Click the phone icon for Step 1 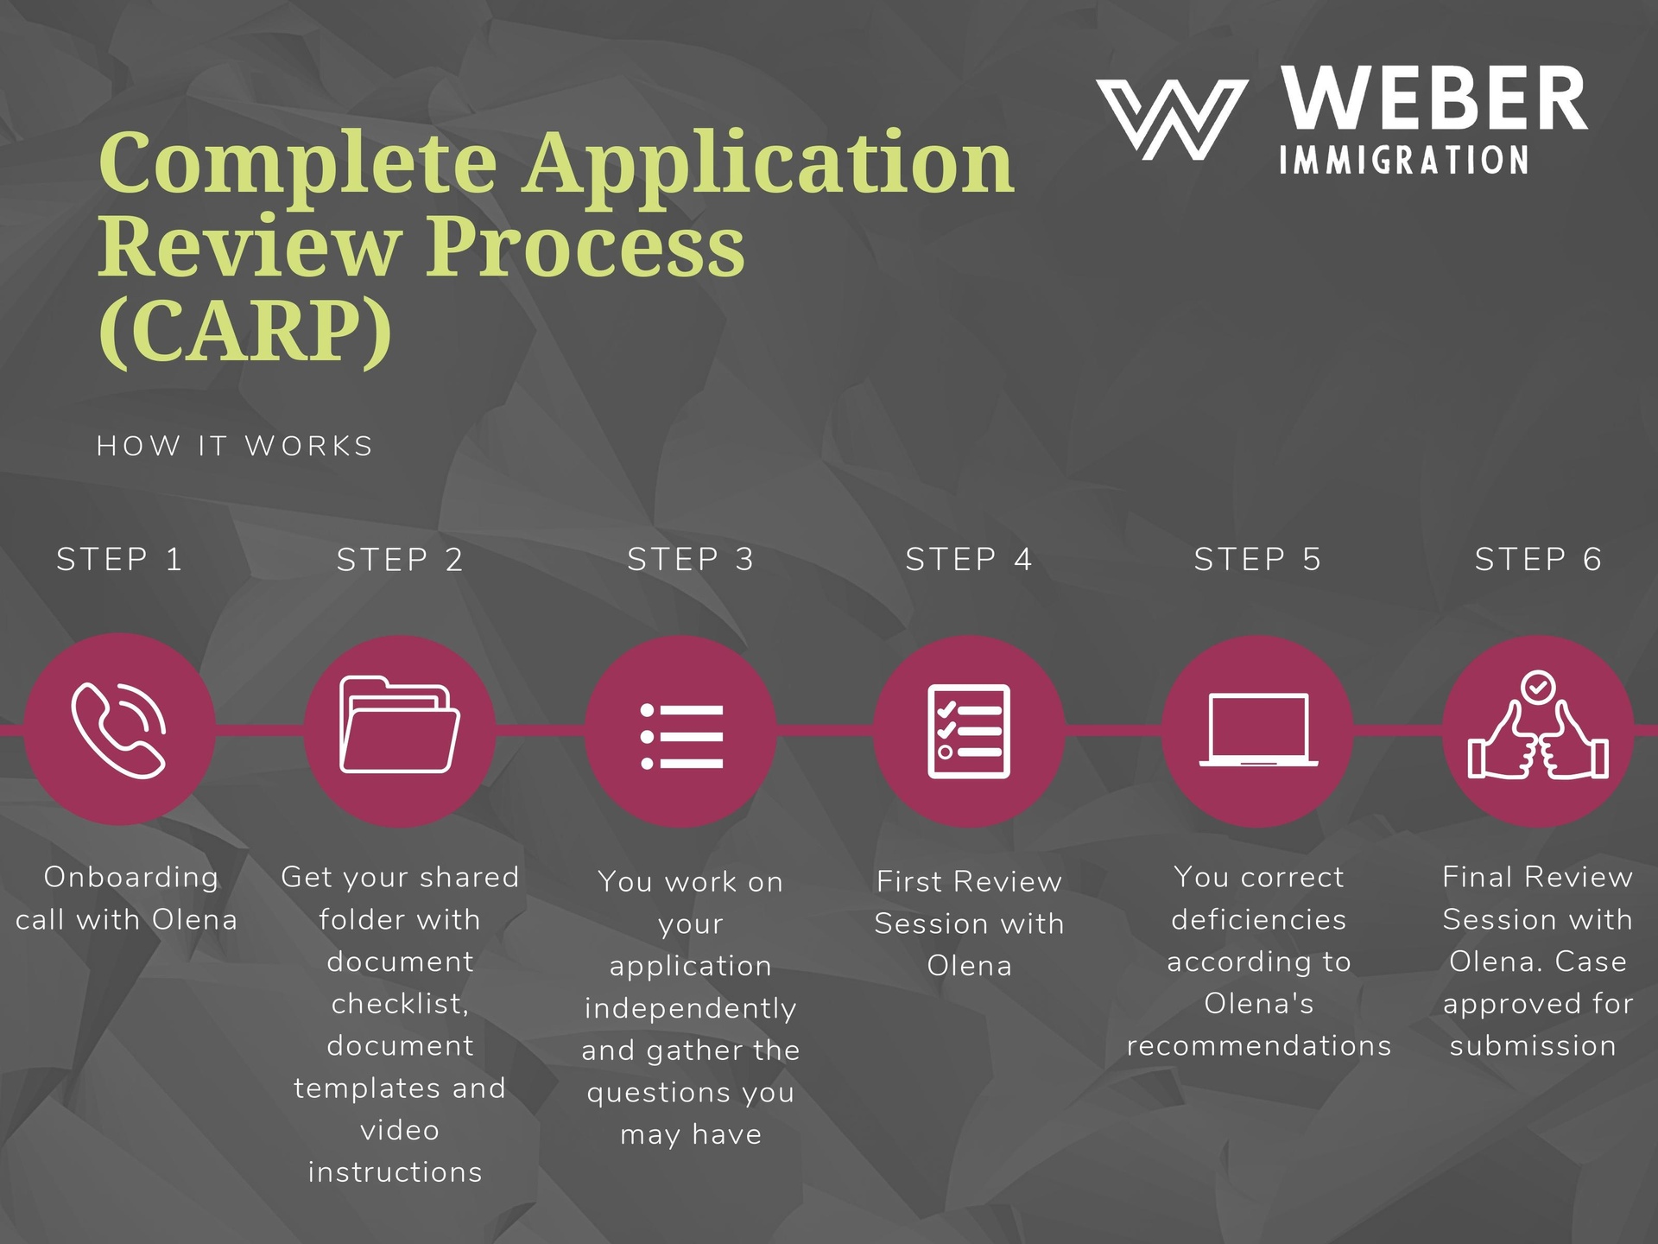[x=118, y=730]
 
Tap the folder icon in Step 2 [x=399, y=725]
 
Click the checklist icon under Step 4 [x=969, y=731]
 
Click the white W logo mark [x=1172, y=119]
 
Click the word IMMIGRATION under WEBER [x=1404, y=161]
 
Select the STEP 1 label [x=119, y=560]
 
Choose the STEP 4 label [x=969, y=560]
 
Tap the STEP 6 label [x=1538, y=560]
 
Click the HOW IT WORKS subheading [x=235, y=446]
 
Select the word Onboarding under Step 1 [x=131, y=877]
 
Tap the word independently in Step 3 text [x=690, y=1008]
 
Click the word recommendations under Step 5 [x=1259, y=1045]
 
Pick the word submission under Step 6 [x=1533, y=1045]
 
